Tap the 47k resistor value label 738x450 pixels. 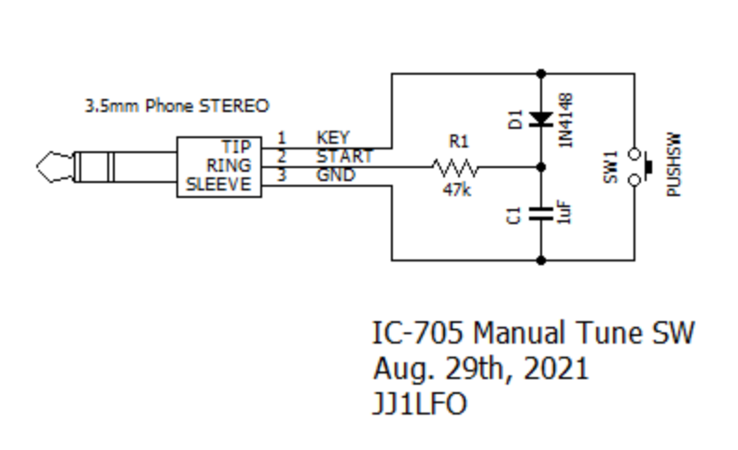(x=457, y=190)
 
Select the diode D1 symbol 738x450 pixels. (x=542, y=119)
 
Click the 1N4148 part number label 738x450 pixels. (x=566, y=119)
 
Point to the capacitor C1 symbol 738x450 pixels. (x=542, y=214)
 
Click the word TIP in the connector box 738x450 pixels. (x=237, y=148)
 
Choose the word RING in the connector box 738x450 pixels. (x=230, y=165)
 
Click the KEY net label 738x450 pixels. (x=333, y=139)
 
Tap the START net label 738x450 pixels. (x=343, y=156)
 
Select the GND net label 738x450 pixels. (x=335, y=175)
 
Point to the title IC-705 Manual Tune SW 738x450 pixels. (x=534, y=333)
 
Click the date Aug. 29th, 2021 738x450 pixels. (x=480, y=368)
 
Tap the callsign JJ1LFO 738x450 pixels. (x=420, y=403)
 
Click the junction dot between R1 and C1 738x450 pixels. (x=542, y=168)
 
